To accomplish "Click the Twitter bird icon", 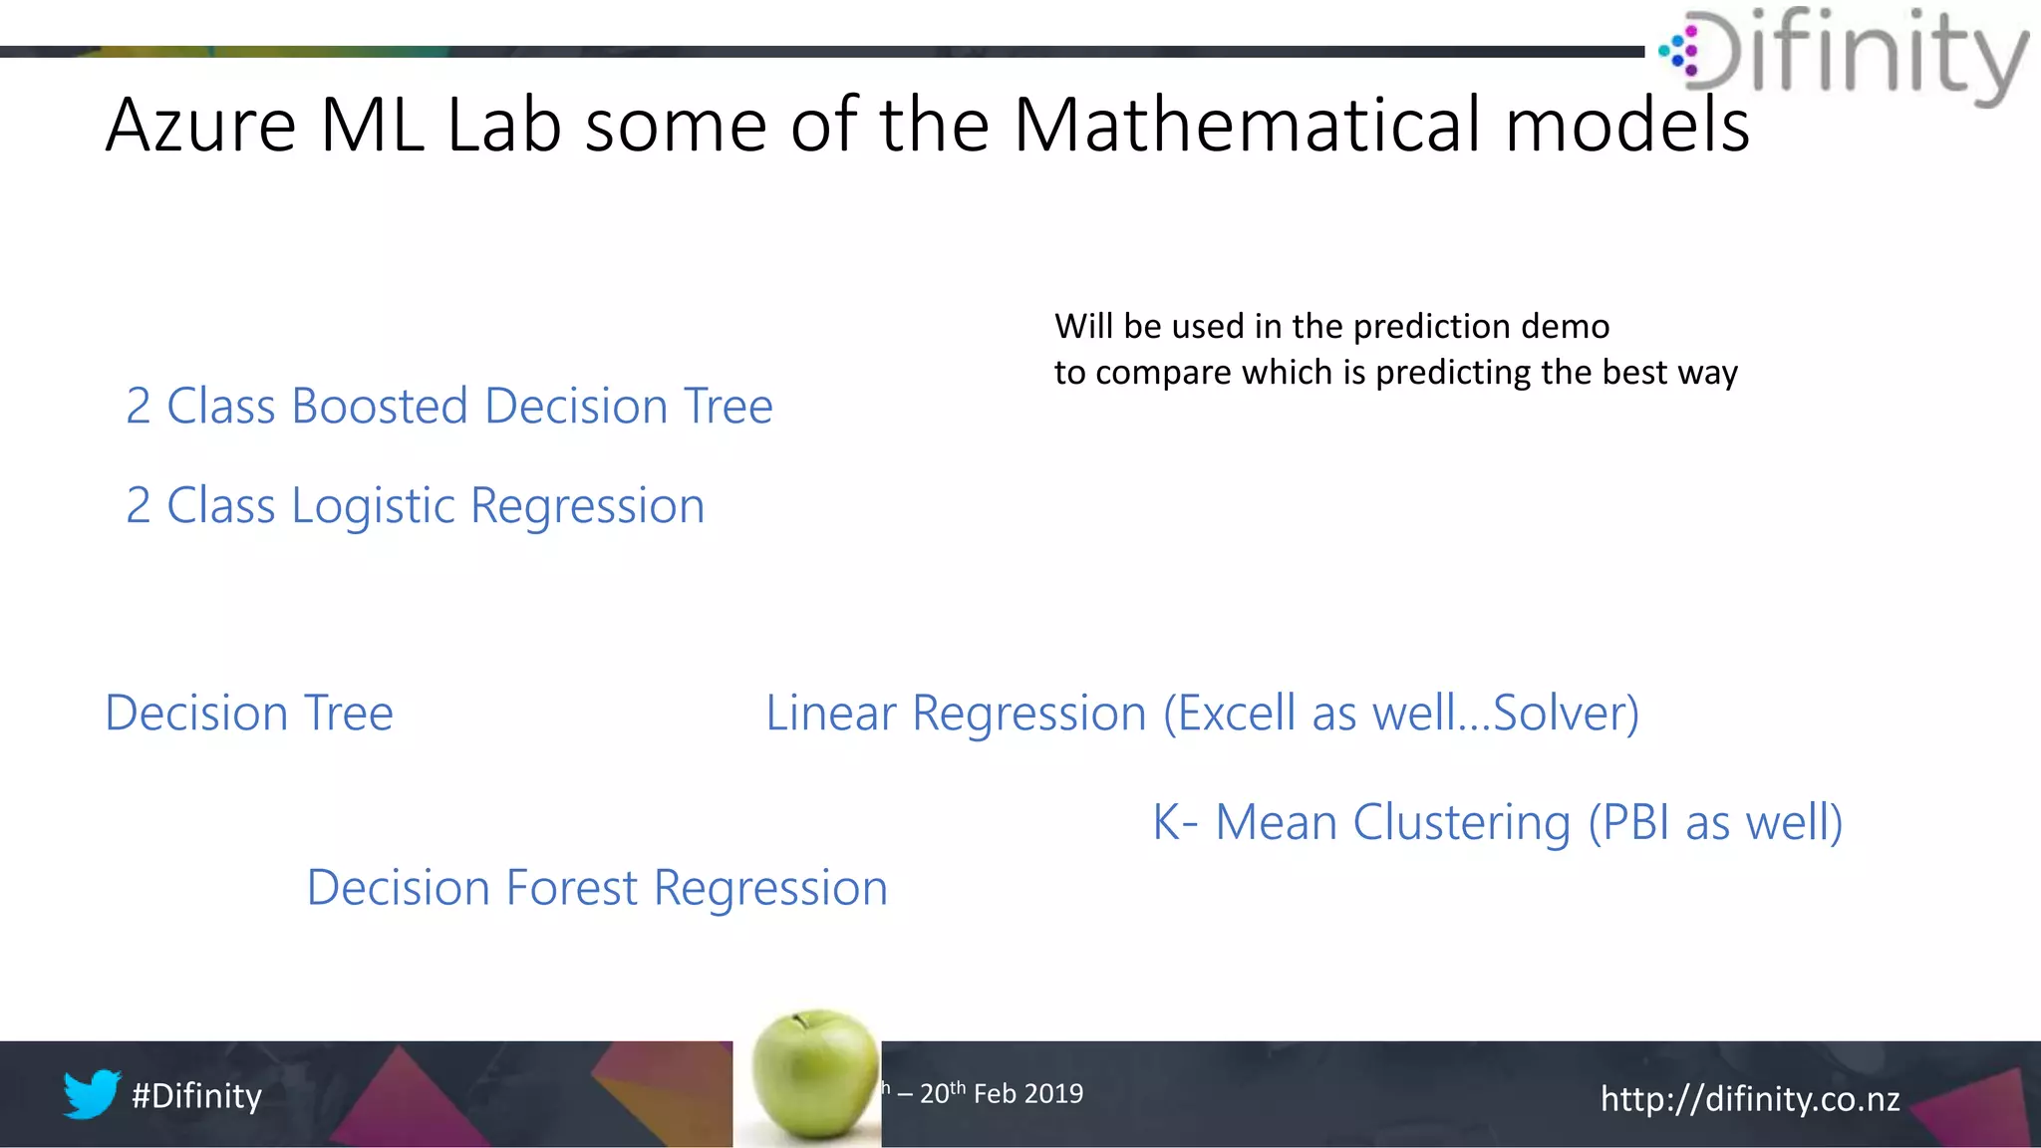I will [92, 1094].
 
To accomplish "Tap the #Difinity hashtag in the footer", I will [196, 1096].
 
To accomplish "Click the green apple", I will [815, 1078].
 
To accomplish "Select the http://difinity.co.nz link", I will [1749, 1099].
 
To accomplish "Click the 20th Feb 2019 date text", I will [1001, 1093].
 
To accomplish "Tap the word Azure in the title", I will [200, 126].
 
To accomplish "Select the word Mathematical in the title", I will [1248, 126].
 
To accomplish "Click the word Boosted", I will [380, 407].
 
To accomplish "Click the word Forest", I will [571, 888].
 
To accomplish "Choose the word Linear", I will [830, 714].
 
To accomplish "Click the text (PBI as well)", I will [1714, 823].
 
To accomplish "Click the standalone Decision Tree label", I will [249, 714].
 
